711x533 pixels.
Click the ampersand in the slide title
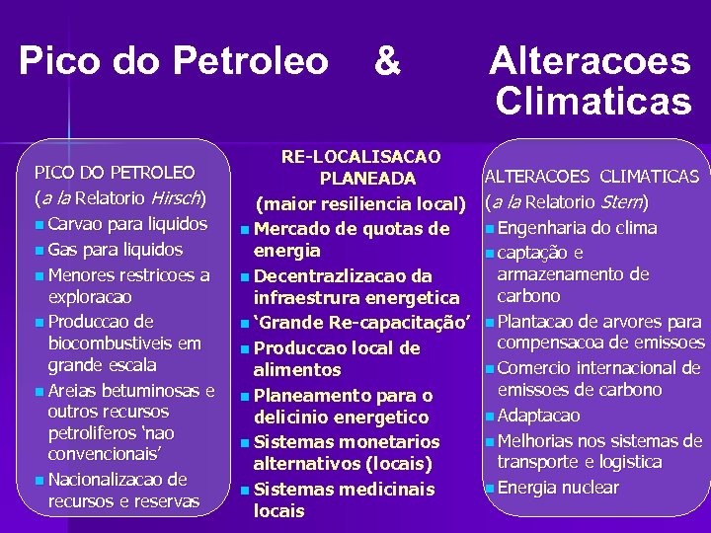[388, 60]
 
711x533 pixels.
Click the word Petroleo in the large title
[251, 60]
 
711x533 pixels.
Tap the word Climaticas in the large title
[592, 101]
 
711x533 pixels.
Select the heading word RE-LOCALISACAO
[361, 157]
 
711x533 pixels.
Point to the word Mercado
[290, 230]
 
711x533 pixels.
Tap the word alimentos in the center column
[296, 370]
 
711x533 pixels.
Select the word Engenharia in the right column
[541, 228]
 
